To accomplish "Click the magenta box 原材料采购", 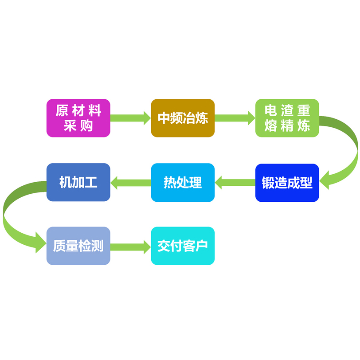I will pos(78,118).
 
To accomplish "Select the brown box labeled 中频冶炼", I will pos(183,118).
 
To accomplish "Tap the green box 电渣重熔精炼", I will pos(287,118).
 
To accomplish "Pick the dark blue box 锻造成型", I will pos(287,183).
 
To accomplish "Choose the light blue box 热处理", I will pos(183,183).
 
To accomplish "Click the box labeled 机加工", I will pos(78,183).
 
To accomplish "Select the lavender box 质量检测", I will pos(78,246).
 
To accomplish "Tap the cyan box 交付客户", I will pos(183,246).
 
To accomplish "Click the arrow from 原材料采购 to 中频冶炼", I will pos(130,118).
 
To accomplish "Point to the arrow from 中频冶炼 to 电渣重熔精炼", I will pos(235,118).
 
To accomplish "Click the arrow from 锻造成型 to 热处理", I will pos(235,182).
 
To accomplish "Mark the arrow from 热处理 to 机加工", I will pos(130,182).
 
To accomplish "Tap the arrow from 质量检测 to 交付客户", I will pos(130,246).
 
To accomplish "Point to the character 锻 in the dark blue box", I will pos(268,183).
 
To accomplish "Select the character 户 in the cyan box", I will pos(202,246).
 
